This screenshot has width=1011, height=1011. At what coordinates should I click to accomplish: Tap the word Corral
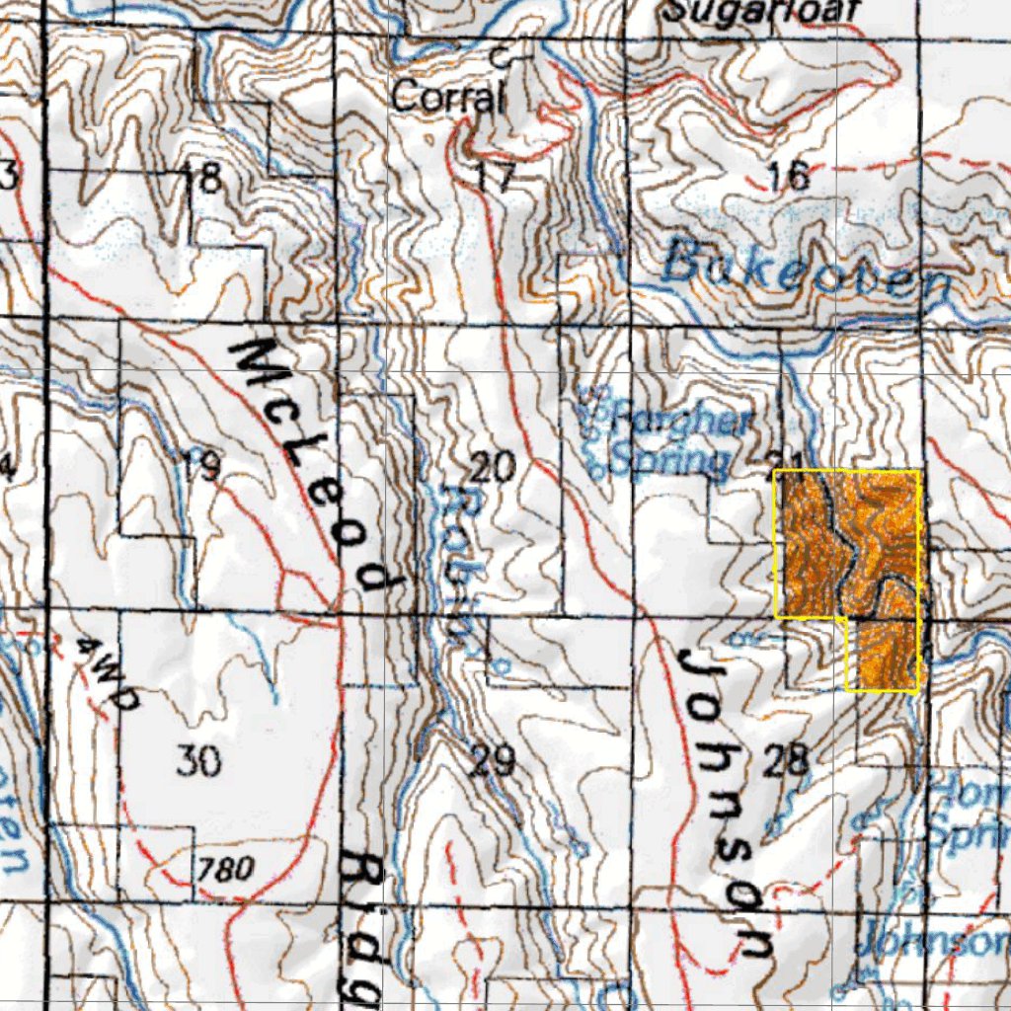tap(448, 97)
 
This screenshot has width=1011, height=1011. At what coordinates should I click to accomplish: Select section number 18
tap(204, 179)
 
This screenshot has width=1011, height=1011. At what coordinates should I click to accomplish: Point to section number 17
tap(494, 178)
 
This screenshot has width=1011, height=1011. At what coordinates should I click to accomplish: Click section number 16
tap(788, 176)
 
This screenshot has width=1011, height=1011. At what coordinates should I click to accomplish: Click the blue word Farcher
tap(681, 423)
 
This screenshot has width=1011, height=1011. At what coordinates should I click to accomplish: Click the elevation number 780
tap(226, 869)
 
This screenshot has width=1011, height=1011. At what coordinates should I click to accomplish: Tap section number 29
tap(492, 761)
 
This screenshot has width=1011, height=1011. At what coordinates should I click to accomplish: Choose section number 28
tap(787, 760)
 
